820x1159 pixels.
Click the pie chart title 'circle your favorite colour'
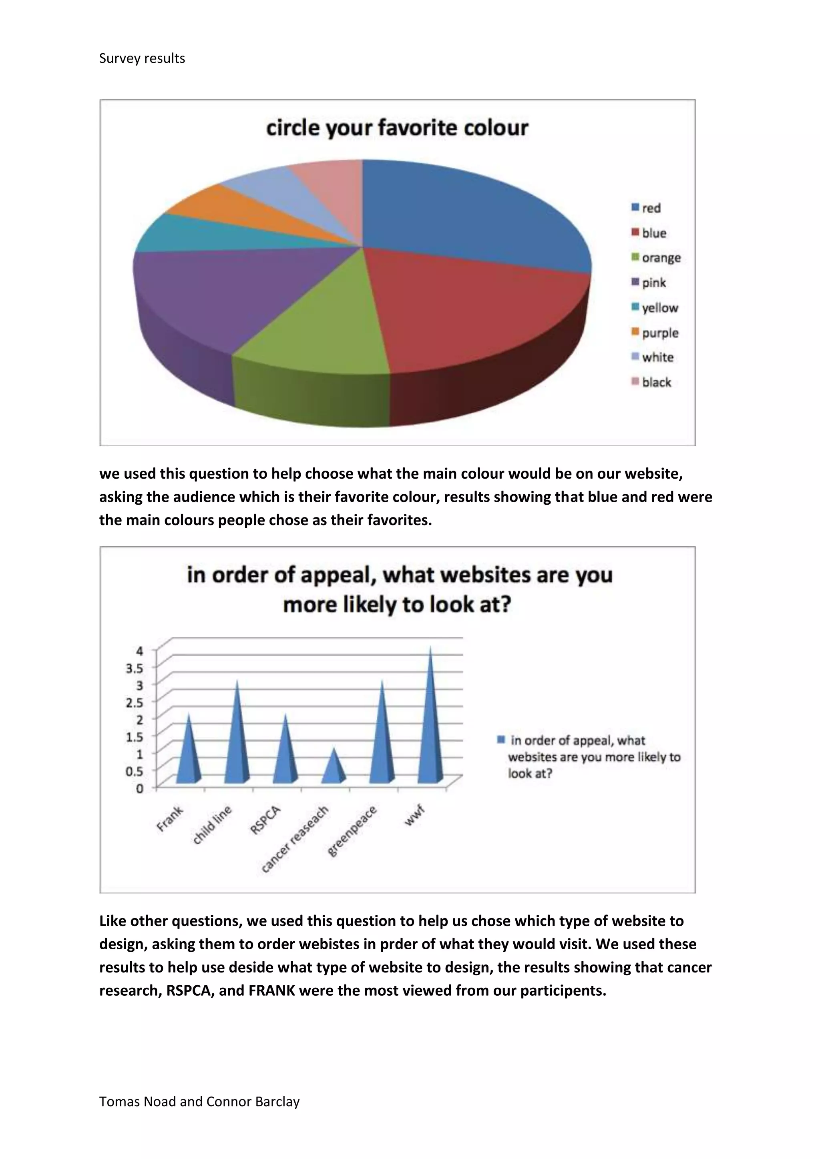397,128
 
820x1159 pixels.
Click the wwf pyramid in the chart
431,727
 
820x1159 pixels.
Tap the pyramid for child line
237,742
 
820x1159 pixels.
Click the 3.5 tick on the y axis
134,668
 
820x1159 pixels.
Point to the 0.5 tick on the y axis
134,771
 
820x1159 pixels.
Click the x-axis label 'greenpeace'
352,831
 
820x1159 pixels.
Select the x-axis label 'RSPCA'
265,820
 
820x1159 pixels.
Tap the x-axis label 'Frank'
170,819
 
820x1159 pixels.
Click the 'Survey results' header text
142,58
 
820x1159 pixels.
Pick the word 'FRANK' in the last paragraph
271,991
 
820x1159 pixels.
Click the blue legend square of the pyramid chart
501,740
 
